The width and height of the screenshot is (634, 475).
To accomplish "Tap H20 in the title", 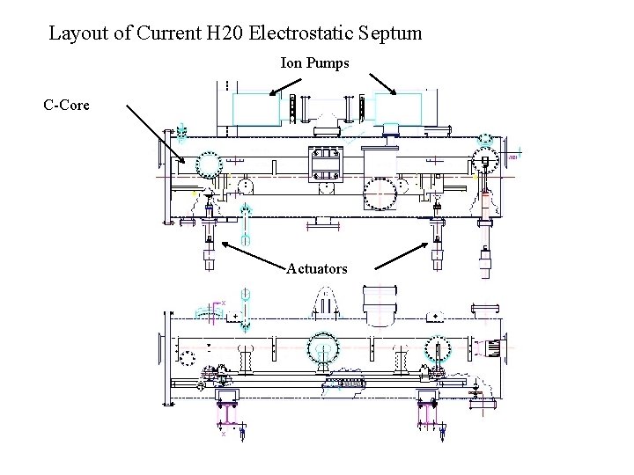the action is pyautogui.click(x=225, y=33).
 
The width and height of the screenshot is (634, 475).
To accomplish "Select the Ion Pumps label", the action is pyautogui.click(x=314, y=63).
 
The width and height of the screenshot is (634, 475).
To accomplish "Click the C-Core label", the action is pyautogui.click(x=66, y=105).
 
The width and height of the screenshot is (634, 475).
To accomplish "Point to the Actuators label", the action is pyautogui.click(x=317, y=268).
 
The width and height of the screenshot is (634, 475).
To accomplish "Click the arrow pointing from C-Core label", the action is pyautogui.click(x=156, y=134).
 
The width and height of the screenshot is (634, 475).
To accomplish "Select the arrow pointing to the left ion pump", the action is pyautogui.click(x=285, y=87).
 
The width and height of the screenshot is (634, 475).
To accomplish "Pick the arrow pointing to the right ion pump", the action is pyautogui.click(x=383, y=84).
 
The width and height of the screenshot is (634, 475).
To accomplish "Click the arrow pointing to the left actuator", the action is pyautogui.click(x=254, y=255).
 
